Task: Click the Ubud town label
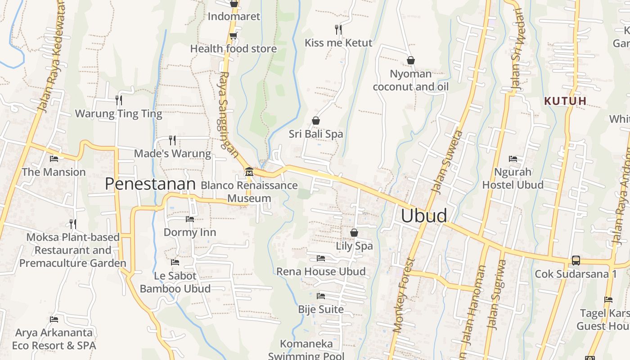pyautogui.click(x=424, y=216)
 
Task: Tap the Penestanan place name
pyautogui.click(x=150, y=184)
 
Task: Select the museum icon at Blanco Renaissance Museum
pyautogui.click(x=249, y=171)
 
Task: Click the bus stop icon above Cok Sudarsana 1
pyautogui.click(x=576, y=260)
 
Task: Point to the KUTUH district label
pyautogui.click(x=565, y=101)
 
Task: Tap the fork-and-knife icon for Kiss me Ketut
pyautogui.click(x=338, y=30)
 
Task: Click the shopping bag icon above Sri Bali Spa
pyautogui.click(x=316, y=121)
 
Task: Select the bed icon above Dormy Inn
pyautogui.click(x=190, y=219)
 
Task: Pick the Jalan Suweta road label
pyautogui.click(x=447, y=162)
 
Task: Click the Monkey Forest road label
pyautogui.click(x=403, y=295)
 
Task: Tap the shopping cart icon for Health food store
pyautogui.click(x=233, y=36)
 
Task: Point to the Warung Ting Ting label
pyautogui.click(x=118, y=113)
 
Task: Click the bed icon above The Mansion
pyautogui.click(x=54, y=158)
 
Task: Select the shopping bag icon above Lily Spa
pyautogui.click(x=354, y=233)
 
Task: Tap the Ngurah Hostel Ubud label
pyautogui.click(x=513, y=178)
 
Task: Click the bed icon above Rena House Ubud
pyautogui.click(x=321, y=258)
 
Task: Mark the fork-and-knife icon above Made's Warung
pyautogui.click(x=172, y=140)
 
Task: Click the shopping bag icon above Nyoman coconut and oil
pyautogui.click(x=410, y=60)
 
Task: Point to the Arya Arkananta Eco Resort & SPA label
pyautogui.click(x=54, y=339)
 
